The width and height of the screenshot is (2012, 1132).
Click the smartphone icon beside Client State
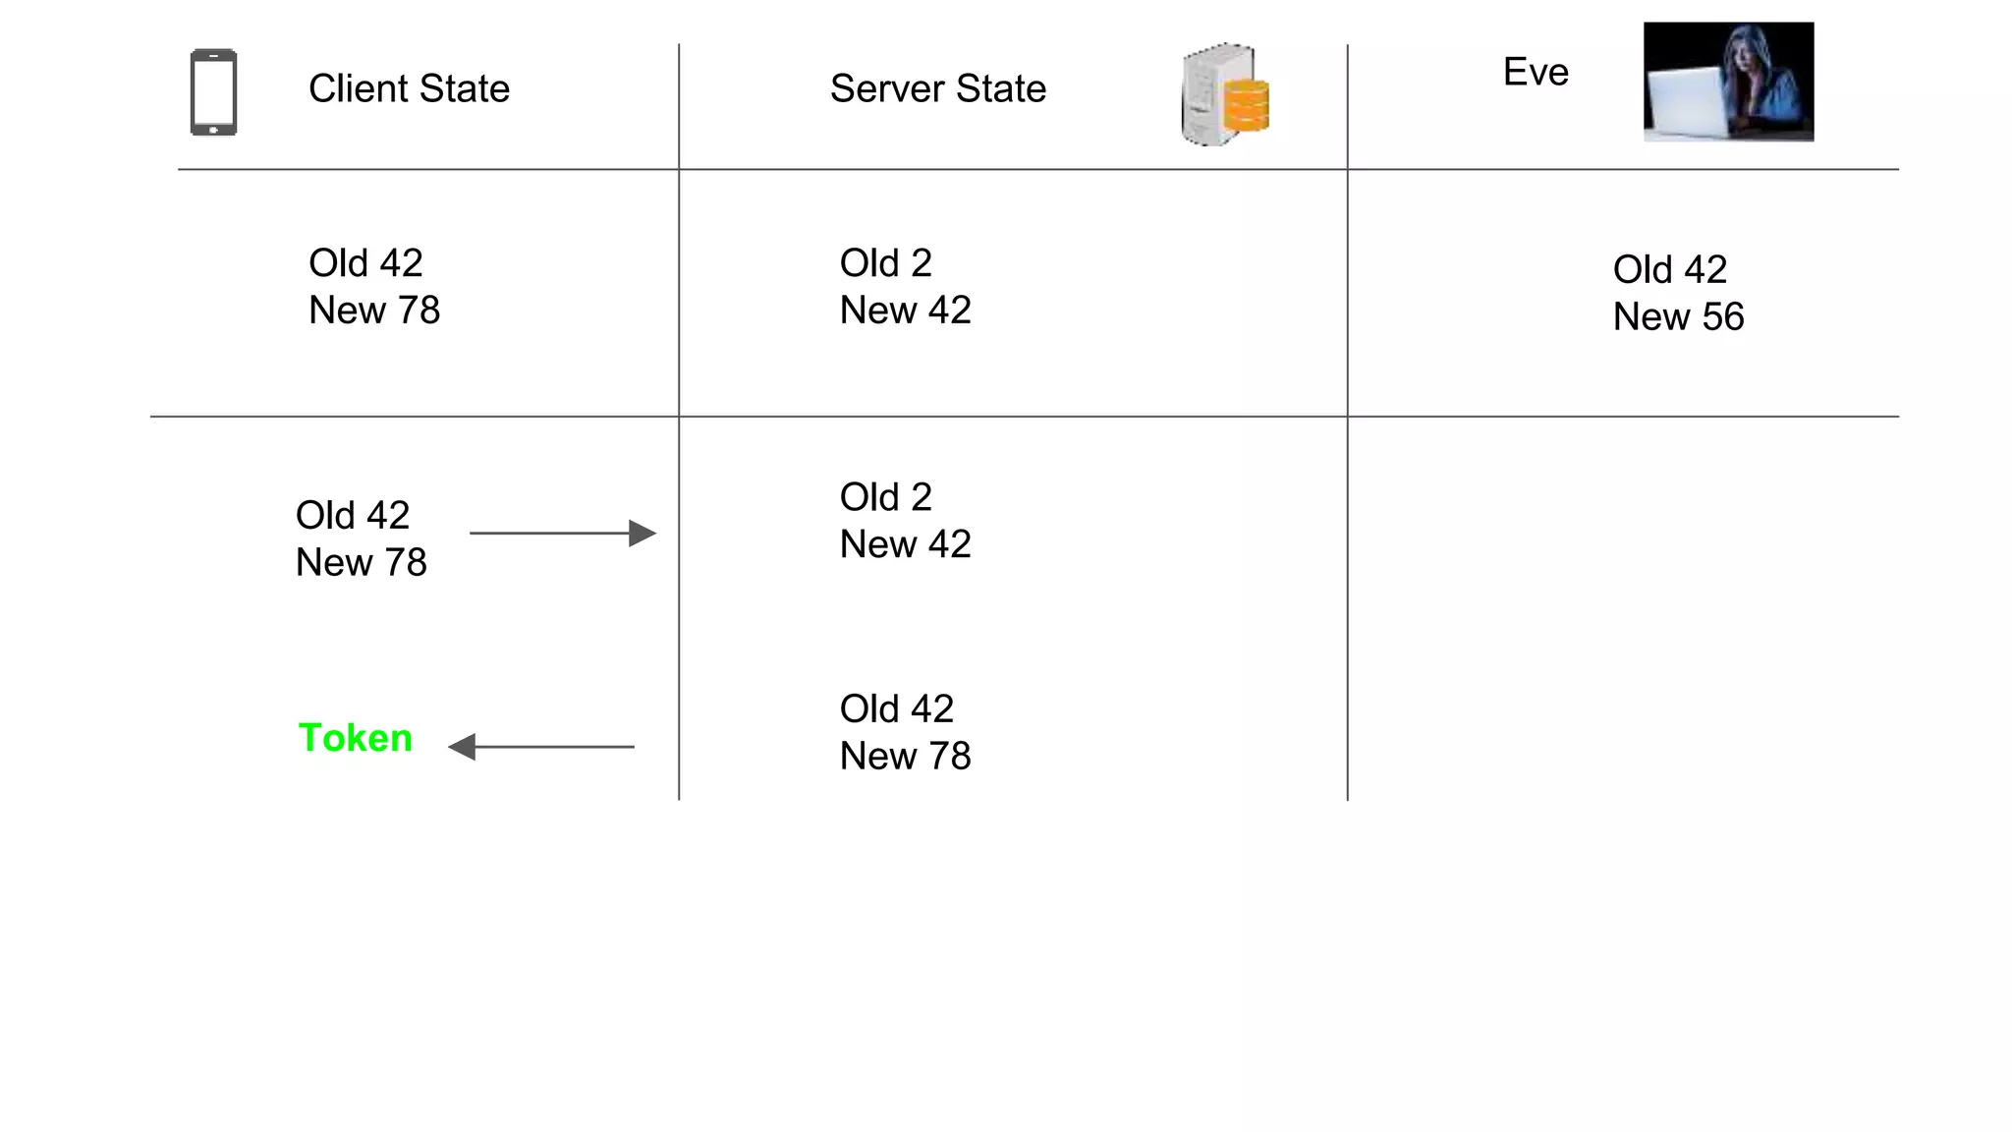(x=213, y=91)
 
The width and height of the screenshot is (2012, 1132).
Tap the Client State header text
(x=409, y=88)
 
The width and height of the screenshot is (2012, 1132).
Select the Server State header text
(x=937, y=88)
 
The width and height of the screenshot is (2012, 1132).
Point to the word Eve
(x=1536, y=72)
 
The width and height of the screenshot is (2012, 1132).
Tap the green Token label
(x=355, y=738)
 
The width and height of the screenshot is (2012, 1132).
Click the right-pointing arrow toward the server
(x=562, y=534)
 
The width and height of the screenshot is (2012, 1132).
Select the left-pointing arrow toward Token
(x=541, y=747)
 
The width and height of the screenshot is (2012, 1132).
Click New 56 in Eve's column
(x=1678, y=317)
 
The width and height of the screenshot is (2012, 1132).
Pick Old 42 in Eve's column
(x=1669, y=269)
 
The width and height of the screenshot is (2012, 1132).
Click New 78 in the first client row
(x=374, y=311)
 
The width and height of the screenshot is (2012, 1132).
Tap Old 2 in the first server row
(x=885, y=263)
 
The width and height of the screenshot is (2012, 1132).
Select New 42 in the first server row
(x=905, y=311)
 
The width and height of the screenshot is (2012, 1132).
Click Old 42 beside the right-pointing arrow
(x=352, y=516)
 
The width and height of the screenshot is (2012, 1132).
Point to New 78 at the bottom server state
(x=905, y=757)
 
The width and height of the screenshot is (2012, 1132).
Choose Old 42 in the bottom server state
(x=896, y=708)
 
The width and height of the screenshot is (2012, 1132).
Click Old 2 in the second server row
(x=885, y=497)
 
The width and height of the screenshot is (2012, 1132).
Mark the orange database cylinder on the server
(x=1247, y=105)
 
